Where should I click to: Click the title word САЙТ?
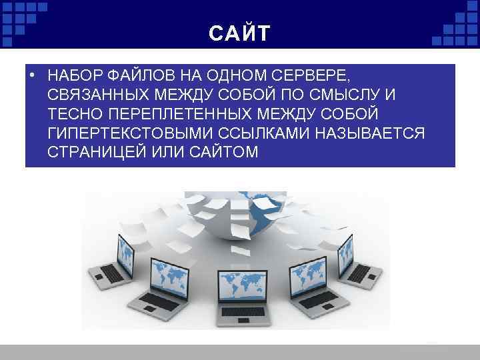click(x=239, y=33)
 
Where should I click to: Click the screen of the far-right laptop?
click(x=345, y=250)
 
